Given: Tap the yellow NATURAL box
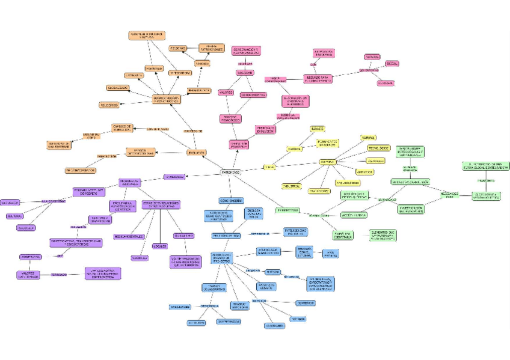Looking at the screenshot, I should pyautogui.click(x=369, y=138).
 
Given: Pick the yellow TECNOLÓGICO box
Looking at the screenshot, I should pyautogui.click(x=378, y=148).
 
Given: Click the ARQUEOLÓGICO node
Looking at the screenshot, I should pyautogui.click(x=348, y=182).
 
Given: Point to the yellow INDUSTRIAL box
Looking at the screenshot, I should pyautogui.click(x=292, y=186).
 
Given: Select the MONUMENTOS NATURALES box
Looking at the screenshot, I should pyautogui.click(x=328, y=143).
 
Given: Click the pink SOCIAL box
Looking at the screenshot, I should pyautogui.click(x=392, y=63).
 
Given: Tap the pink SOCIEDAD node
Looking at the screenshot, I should pyautogui.click(x=245, y=73).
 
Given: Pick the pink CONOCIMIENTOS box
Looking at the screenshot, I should pyautogui.click(x=253, y=94).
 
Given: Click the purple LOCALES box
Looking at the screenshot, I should pyautogui.click(x=159, y=246).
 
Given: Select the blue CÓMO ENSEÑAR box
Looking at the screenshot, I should pyautogui.click(x=231, y=201).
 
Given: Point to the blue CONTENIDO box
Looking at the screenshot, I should pyautogui.click(x=305, y=303).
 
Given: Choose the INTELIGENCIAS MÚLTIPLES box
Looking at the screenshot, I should pyautogui.click(x=295, y=231).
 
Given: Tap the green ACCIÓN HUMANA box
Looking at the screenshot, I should pyautogui.click(x=354, y=215).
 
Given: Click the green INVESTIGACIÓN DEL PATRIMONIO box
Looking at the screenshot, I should pyautogui.click(x=411, y=209).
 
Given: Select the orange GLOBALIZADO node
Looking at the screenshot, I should pyautogui.click(x=117, y=88).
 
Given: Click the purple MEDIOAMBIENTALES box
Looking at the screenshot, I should pyautogui.click(x=129, y=236).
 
